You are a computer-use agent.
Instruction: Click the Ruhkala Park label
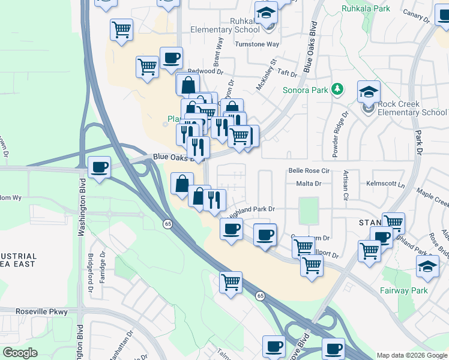[366, 9]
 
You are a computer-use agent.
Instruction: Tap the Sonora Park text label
[305, 91]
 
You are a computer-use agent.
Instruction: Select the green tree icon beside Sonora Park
[337, 90]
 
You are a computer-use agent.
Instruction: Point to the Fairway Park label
[403, 291]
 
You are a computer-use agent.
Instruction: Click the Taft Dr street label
[287, 73]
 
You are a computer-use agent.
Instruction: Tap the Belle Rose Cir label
[310, 170]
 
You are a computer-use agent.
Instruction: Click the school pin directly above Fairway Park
[427, 266]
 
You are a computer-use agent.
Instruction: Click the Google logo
[20, 353]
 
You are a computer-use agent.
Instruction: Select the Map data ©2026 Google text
[411, 355]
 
